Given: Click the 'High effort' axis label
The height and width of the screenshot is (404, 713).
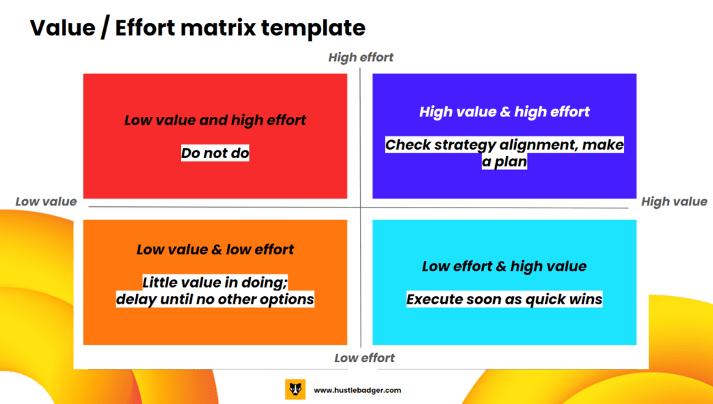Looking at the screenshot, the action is tap(361, 57).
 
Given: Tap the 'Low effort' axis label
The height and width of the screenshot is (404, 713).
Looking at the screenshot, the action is tap(364, 358).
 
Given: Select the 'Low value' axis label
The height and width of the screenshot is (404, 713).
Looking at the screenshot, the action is tap(46, 201).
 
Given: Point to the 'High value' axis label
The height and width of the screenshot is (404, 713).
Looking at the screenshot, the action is tap(674, 201).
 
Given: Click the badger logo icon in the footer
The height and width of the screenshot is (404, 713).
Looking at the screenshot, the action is tap(295, 389).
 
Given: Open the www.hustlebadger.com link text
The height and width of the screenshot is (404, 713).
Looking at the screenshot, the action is tap(357, 390).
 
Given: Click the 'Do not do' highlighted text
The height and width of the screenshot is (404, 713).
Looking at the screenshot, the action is tap(215, 153).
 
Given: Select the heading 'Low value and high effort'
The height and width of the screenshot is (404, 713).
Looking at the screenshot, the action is tap(215, 120).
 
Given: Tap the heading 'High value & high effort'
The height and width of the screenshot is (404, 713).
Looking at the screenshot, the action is tap(504, 112).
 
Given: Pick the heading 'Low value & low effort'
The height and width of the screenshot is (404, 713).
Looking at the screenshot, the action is tap(215, 249).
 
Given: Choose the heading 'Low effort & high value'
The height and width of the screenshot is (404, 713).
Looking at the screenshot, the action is tap(504, 266).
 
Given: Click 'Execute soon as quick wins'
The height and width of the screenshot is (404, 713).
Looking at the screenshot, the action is tap(504, 300).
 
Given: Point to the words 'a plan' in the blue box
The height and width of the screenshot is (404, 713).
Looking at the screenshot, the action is tap(504, 162).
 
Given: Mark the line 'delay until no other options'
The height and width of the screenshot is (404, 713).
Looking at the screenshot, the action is tap(215, 300).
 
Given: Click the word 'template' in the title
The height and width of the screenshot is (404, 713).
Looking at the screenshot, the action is tap(313, 28).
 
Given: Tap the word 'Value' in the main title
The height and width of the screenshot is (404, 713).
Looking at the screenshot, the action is tap(63, 28).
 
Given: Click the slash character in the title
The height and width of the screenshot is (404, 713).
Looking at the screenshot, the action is tap(106, 28).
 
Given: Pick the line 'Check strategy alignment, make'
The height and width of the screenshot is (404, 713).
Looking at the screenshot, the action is tap(504, 145).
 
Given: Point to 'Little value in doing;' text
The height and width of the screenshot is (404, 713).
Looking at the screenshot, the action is tap(215, 283).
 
